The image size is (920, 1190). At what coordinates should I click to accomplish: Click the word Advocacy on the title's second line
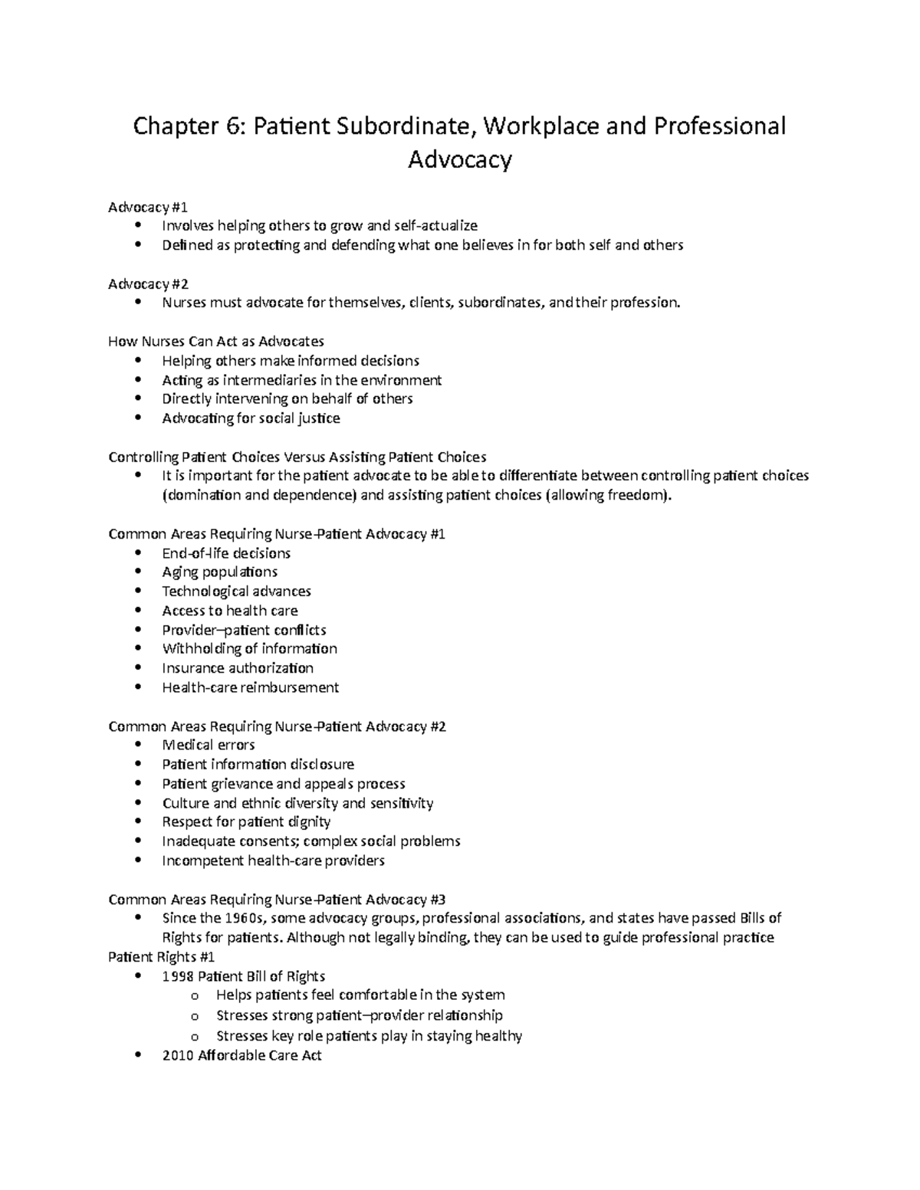pyautogui.click(x=459, y=159)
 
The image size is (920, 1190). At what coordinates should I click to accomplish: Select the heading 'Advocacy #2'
pyautogui.click(x=148, y=284)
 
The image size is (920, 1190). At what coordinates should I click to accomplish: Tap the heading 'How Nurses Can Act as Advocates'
pyautogui.click(x=216, y=341)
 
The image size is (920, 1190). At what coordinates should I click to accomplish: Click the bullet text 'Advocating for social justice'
pyautogui.click(x=251, y=418)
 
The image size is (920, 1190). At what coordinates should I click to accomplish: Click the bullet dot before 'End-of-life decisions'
pyautogui.click(x=138, y=552)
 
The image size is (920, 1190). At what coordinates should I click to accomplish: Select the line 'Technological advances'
pyautogui.click(x=236, y=592)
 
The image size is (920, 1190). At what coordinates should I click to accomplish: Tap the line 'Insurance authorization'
pyautogui.click(x=238, y=668)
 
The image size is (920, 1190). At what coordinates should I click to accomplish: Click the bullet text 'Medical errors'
pyautogui.click(x=209, y=745)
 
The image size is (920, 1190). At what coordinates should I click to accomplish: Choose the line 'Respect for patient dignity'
pyautogui.click(x=246, y=821)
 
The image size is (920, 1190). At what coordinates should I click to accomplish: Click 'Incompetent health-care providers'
pyautogui.click(x=273, y=861)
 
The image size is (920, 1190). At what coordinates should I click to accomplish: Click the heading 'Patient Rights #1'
pyautogui.click(x=162, y=957)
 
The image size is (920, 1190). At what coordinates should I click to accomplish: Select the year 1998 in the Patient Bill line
pyautogui.click(x=178, y=976)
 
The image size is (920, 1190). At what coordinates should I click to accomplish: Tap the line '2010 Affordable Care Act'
pyautogui.click(x=242, y=1055)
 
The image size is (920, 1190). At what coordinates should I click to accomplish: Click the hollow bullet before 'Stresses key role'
pyautogui.click(x=195, y=1036)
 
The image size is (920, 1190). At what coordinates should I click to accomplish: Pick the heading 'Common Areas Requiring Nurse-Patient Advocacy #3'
pyautogui.click(x=277, y=900)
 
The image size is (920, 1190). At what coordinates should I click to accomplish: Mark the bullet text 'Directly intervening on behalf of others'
pyautogui.click(x=287, y=398)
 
